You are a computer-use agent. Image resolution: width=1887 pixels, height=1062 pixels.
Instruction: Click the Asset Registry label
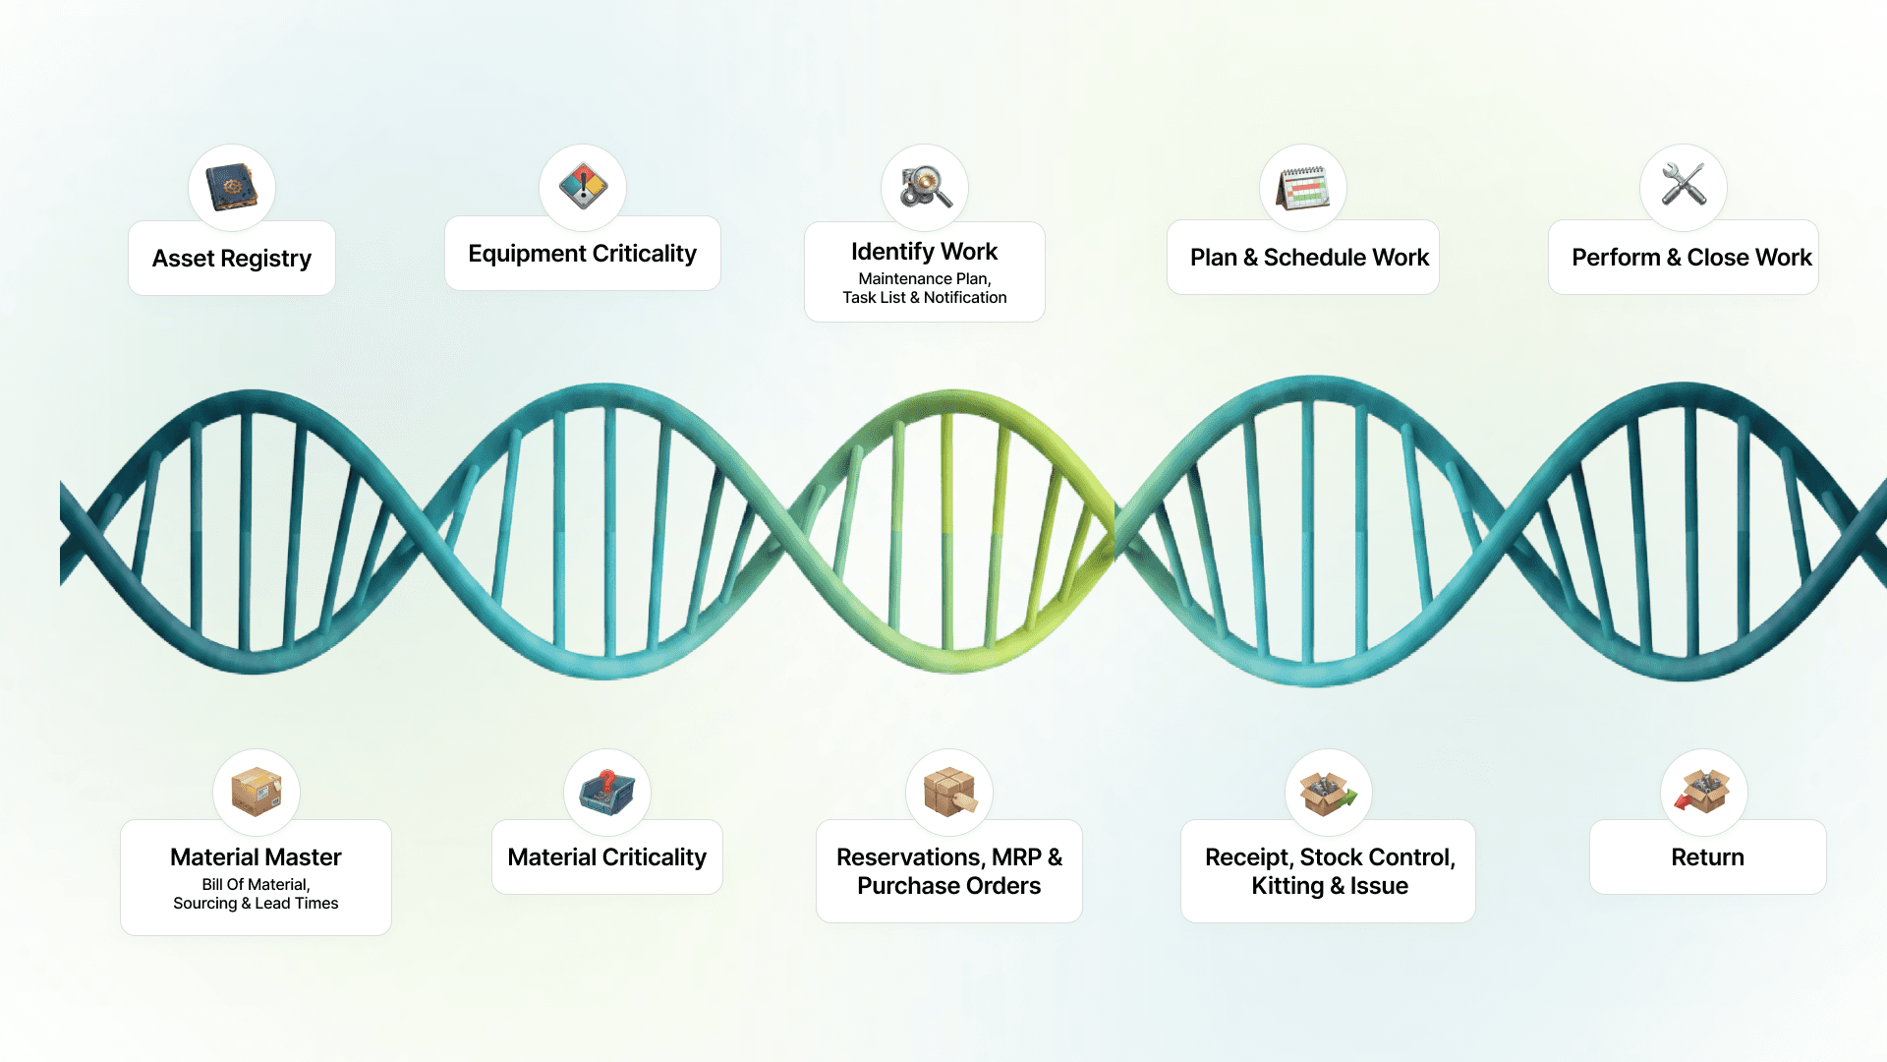click(232, 259)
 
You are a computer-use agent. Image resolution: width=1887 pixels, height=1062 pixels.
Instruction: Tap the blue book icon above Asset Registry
click(232, 187)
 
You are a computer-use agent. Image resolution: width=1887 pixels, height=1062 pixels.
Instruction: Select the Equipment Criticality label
click(582, 254)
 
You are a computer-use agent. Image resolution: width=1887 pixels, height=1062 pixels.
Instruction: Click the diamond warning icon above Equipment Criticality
click(583, 186)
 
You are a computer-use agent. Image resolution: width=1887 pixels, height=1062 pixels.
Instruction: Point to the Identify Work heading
click(924, 252)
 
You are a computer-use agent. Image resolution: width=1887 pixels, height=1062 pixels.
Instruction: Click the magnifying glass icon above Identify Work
click(925, 187)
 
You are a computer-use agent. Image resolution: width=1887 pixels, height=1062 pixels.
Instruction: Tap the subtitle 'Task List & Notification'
click(924, 298)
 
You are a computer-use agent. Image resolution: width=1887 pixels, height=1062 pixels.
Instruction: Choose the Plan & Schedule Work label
click(1309, 258)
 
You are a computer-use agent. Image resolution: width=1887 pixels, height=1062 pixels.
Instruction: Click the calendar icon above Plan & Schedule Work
click(1303, 188)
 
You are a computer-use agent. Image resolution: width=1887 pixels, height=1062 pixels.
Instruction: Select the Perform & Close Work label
click(1690, 258)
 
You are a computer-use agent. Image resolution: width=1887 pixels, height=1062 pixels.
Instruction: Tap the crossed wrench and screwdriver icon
click(1684, 185)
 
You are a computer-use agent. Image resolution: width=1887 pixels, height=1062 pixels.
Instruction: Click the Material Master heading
click(256, 857)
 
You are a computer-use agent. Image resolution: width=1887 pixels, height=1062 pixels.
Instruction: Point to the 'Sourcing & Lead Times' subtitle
click(256, 904)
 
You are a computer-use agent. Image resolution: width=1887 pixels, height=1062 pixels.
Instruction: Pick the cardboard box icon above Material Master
click(257, 792)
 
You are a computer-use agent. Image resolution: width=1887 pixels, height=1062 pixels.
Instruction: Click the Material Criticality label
click(606, 857)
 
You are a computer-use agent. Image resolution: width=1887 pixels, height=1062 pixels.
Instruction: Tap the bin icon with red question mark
click(607, 792)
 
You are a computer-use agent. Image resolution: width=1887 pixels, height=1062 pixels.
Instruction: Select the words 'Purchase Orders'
click(948, 886)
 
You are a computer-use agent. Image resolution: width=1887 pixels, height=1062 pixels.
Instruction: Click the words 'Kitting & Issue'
click(1329, 886)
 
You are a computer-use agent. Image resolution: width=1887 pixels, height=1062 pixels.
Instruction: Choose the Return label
click(1707, 857)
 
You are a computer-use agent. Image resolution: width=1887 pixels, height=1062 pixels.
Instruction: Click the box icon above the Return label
click(1704, 792)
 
